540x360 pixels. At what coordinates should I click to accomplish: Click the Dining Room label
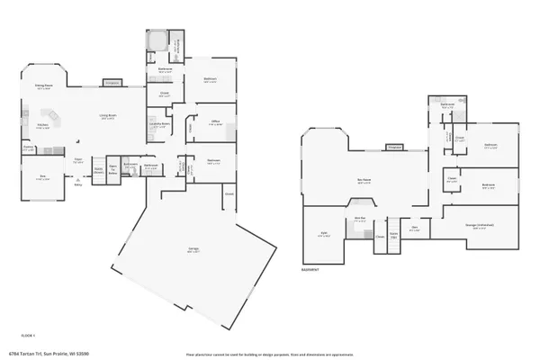[42, 85]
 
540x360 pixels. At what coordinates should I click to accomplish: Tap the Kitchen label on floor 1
[42, 127]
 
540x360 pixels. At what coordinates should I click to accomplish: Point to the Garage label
[193, 251]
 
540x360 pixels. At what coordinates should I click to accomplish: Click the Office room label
[215, 123]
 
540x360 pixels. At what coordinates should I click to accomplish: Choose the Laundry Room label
[160, 124]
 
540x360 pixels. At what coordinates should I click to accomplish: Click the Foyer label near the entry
[79, 162]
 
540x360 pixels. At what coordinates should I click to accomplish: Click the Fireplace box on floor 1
[112, 83]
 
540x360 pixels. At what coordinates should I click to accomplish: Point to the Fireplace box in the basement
[394, 147]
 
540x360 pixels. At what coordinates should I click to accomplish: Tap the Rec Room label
[364, 182]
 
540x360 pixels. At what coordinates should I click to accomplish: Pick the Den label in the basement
[416, 228]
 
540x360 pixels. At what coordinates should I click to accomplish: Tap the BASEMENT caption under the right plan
[310, 268]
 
